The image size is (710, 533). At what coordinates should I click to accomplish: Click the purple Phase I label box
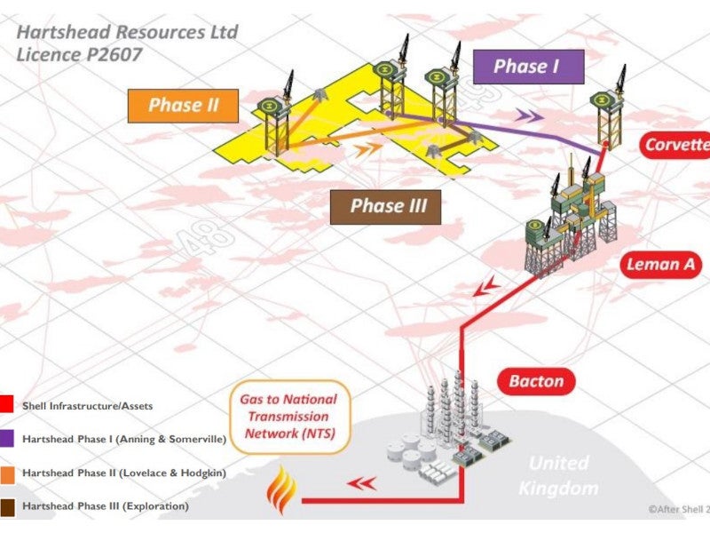point(527,67)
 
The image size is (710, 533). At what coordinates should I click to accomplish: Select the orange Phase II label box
point(184,105)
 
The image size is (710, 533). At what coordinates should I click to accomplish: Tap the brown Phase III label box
point(388,207)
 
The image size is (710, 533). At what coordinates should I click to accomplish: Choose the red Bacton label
point(535,382)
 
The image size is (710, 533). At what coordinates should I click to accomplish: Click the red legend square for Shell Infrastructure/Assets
point(7,406)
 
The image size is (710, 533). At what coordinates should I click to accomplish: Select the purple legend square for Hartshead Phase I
point(7,438)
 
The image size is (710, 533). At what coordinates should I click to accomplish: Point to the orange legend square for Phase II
point(7,472)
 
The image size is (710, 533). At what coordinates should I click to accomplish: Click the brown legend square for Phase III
point(7,506)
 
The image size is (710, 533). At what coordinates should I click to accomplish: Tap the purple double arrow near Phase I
point(529,115)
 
